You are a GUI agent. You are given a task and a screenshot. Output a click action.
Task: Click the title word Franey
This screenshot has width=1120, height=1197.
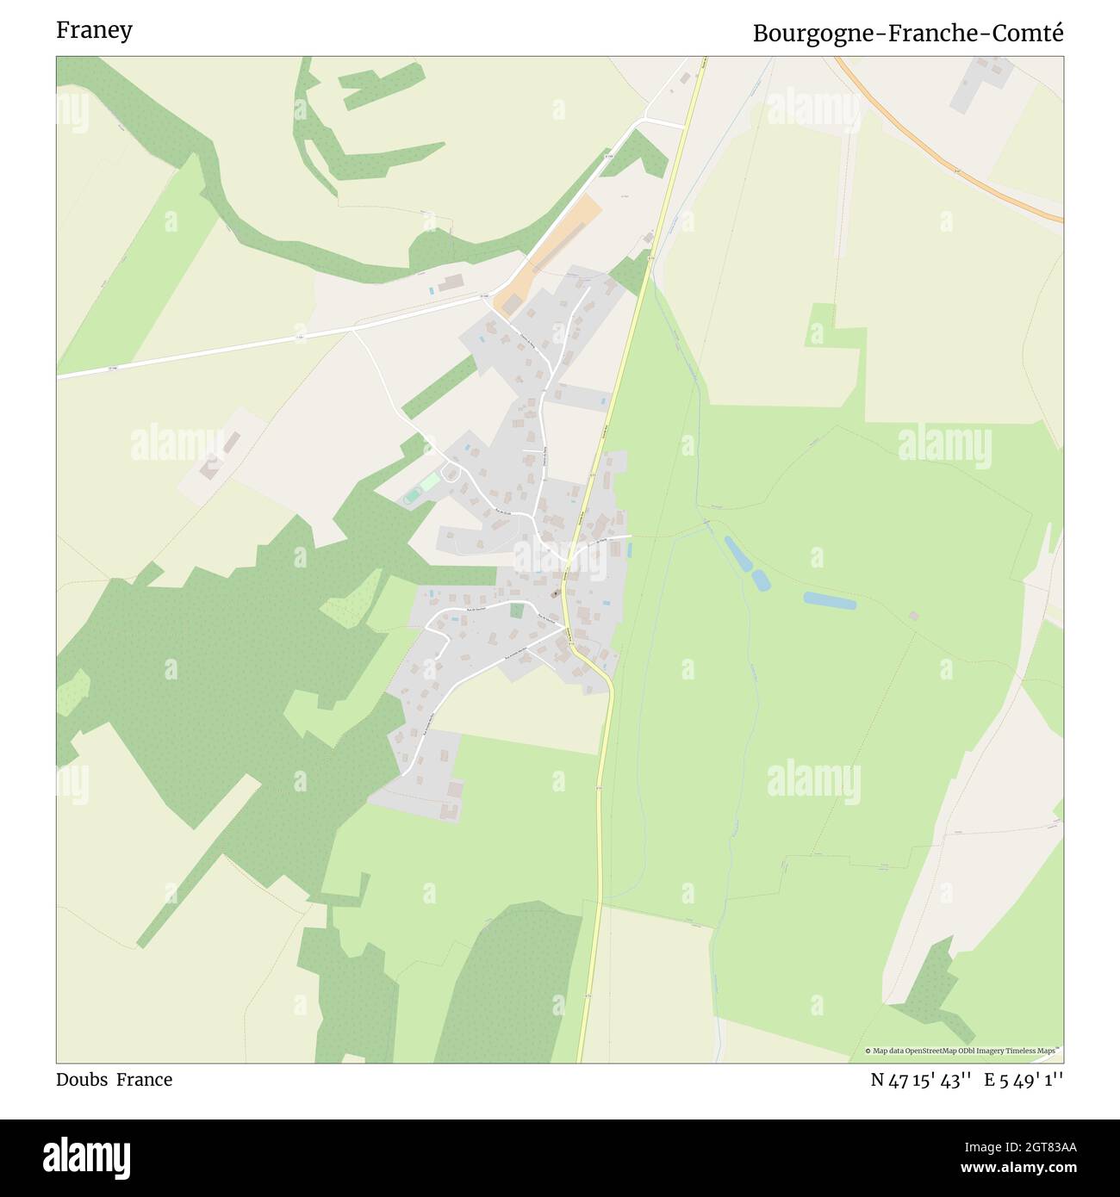pyautogui.click(x=94, y=30)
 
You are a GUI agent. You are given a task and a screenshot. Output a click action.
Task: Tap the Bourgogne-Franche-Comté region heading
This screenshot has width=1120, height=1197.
pyautogui.click(x=907, y=33)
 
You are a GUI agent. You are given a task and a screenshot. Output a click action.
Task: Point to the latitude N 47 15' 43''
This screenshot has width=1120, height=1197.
pyautogui.click(x=921, y=1080)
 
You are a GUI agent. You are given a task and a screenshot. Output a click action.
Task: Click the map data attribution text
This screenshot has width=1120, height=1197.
pyautogui.click(x=963, y=1051)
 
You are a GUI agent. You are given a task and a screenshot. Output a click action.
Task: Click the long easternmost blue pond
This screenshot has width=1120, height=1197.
pyautogui.click(x=830, y=600)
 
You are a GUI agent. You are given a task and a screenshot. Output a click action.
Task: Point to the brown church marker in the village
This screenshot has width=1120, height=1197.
pyautogui.click(x=554, y=594)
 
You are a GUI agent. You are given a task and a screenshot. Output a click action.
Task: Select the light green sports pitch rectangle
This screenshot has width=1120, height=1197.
pyautogui.click(x=429, y=482)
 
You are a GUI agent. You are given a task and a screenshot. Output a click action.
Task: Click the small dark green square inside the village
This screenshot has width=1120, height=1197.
pyautogui.click(x=516, y=611)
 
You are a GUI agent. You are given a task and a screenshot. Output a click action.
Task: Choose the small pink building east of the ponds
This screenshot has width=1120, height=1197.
pyautogui.click(x=913, y=616)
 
